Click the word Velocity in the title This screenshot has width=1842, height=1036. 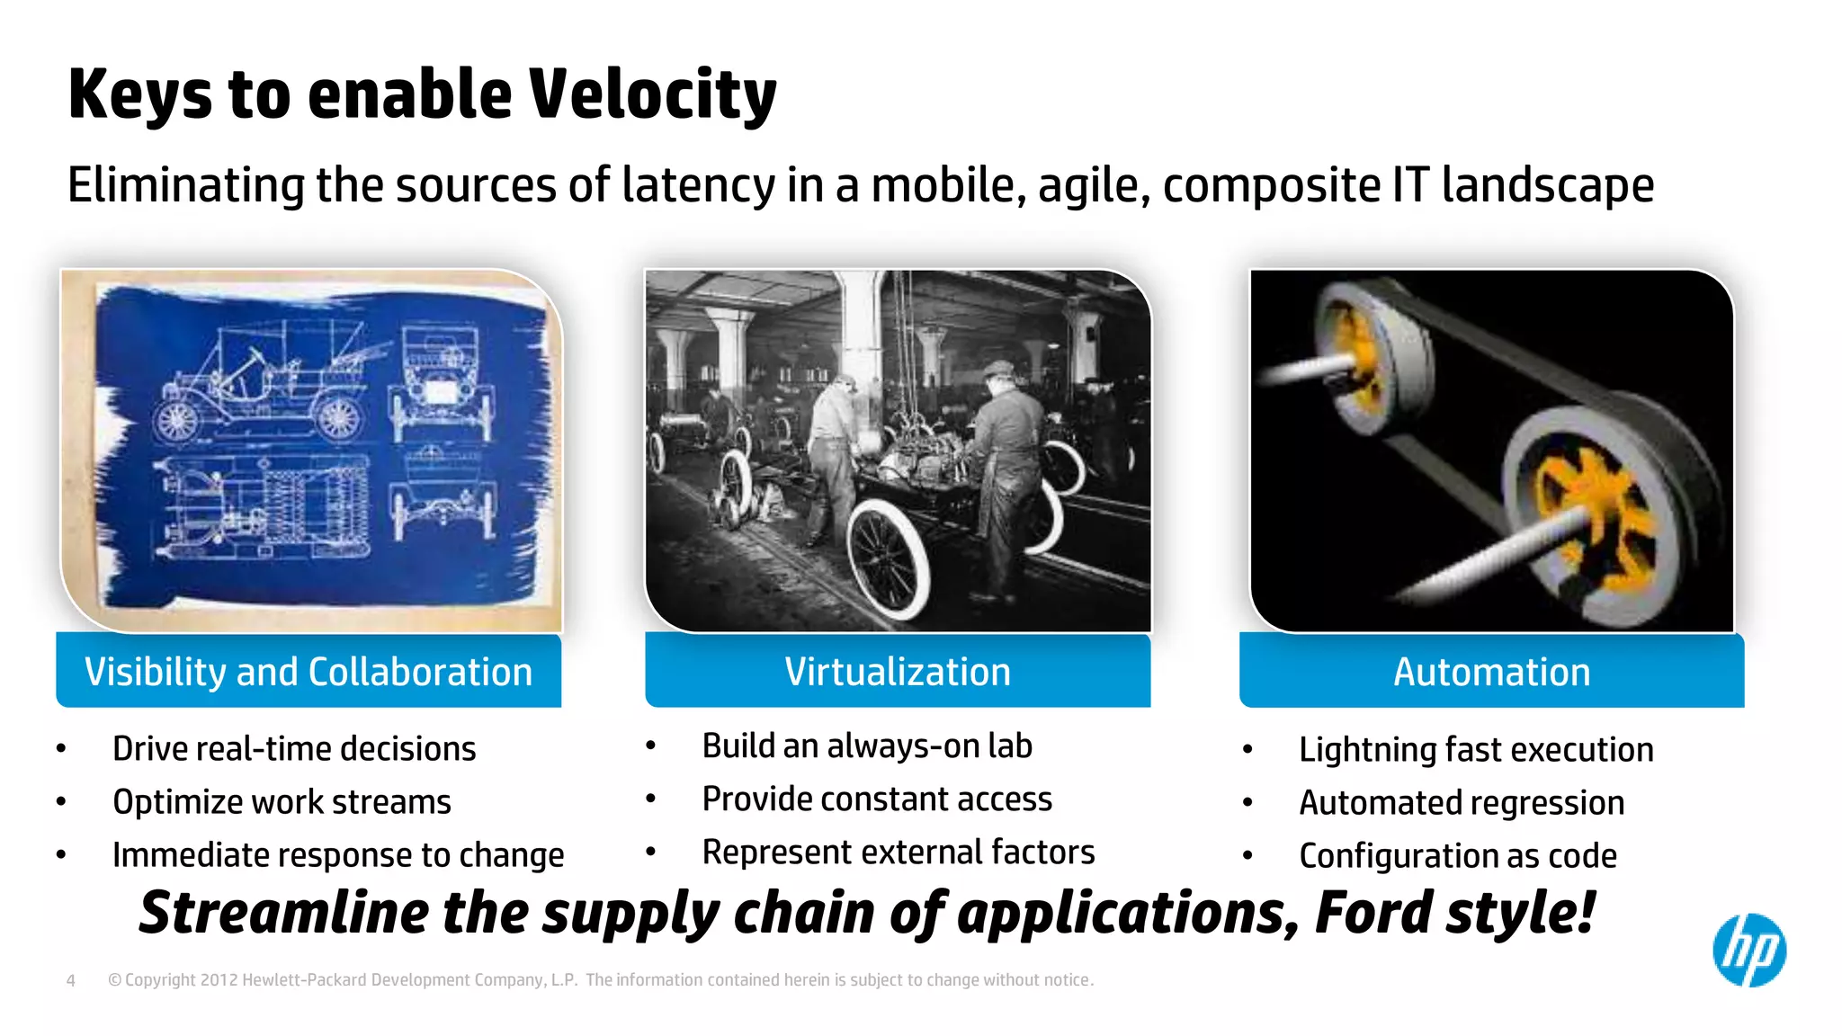click(652, 94)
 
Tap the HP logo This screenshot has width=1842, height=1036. click(1748, 951)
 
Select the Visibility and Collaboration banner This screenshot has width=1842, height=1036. click(308, 672)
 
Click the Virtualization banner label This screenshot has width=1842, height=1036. click(898, 672)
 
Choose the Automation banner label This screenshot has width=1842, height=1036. click(1491, 672)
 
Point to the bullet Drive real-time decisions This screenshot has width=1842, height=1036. click(294, 749)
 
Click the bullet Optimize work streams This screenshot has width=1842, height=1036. click(282, 802)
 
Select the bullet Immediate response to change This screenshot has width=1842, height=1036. click(338, 855)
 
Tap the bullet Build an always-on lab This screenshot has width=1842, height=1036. click(867, 746)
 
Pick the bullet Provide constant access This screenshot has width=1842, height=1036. click(877, 799)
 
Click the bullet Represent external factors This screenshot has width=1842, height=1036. click(899, 853)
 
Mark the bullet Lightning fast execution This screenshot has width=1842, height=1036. click(1476, 750)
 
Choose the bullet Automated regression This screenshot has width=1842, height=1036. click(1462, 803)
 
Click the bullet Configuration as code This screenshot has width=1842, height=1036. click(1458, 856)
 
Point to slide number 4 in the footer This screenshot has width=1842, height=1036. click(71, 980)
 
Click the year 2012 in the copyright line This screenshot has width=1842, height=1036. click(219, 980)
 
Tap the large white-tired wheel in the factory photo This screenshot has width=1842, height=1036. click(886, 559)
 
